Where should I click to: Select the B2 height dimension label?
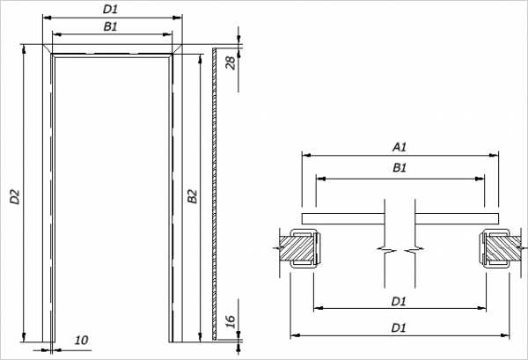coord(191,198)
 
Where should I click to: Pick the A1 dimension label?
coord(399,146)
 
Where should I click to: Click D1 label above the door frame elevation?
coord(111,9)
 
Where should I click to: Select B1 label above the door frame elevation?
coord(111,26)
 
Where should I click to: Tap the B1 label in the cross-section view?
coord(399,167)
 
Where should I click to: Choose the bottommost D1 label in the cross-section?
coord(399,327)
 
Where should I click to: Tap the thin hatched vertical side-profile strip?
coord(214,194)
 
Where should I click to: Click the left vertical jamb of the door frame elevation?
coord(48,194)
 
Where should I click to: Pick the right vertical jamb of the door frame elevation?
coord(175,194)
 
